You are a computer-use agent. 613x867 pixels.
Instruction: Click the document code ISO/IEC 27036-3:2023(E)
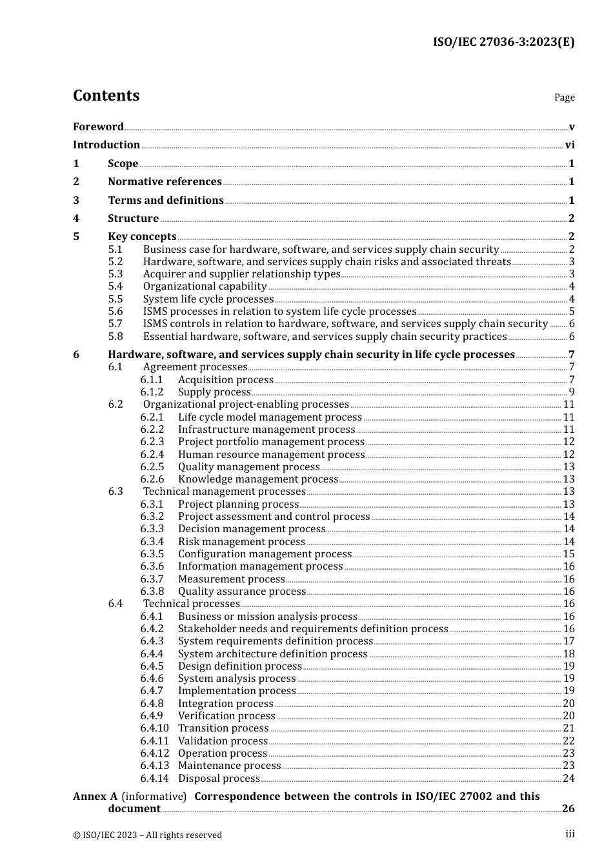(503, 42)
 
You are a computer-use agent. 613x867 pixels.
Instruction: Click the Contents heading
(106, 95)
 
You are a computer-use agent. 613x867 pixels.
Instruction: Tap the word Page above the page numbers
(564, 97)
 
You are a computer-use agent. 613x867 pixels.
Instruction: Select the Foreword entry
(98, 126)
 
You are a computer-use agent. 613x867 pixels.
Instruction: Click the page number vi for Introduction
(570, 145)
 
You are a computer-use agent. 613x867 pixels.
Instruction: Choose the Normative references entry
(165, 182)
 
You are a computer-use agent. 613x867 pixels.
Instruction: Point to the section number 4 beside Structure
(76, 219)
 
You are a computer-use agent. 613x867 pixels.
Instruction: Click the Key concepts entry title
(142, 237)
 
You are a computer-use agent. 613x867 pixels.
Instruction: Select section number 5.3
(116, 274)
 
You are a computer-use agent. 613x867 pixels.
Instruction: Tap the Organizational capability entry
(205, 286)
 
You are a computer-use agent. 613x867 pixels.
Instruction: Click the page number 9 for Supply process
(572, 392)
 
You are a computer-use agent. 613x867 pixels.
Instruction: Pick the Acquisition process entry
(225, 380)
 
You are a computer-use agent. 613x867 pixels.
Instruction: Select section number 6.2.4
(152, 455)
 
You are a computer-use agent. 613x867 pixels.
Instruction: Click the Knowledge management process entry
(258, 479)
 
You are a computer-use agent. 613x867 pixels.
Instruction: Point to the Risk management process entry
(241, 542)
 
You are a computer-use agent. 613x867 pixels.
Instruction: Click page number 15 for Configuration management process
(568, 554)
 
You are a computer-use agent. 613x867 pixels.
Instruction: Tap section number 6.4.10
(154, 728)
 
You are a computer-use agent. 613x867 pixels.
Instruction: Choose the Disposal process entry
(219, 779)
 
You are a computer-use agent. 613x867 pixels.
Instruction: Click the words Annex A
(95, 797)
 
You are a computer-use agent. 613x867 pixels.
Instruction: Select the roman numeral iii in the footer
(570, 834)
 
